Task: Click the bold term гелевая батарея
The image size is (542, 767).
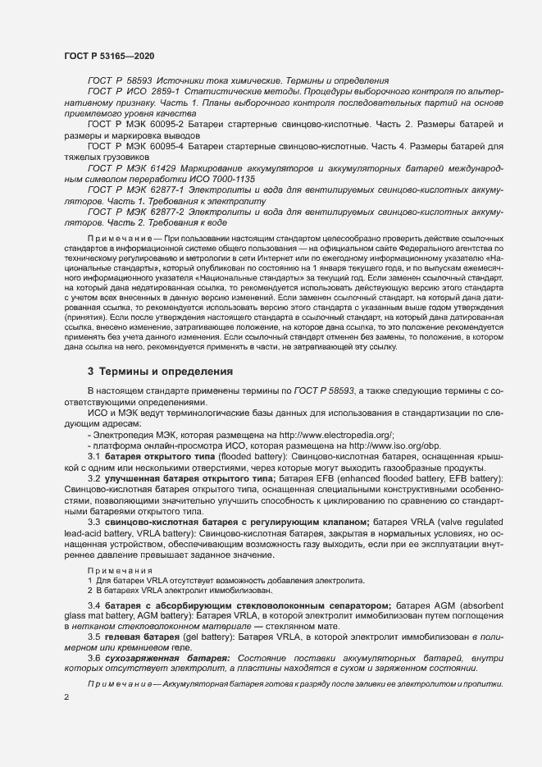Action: coord(137,636)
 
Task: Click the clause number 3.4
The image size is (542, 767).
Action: coord(94,605)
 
